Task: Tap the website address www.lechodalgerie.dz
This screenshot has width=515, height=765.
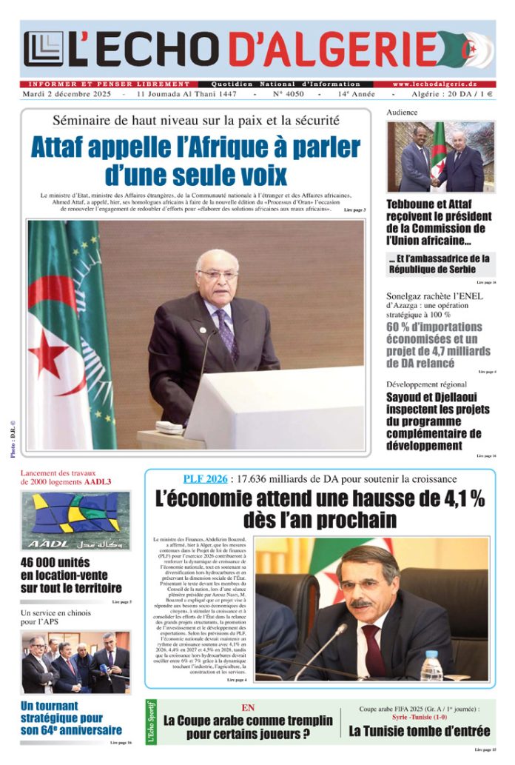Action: point(443,84)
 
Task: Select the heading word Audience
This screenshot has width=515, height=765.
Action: point(402,113)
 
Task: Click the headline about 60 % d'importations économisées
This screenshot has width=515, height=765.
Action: point(434,345)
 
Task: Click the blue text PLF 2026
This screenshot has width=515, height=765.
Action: point(204,478)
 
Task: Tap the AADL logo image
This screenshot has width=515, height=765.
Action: point(76,519)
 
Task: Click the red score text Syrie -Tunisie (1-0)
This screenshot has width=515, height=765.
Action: point(419,718)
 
